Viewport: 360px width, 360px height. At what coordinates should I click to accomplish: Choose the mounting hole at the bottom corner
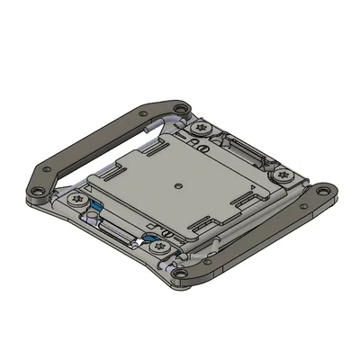pyautogui.click(x=180, y=274)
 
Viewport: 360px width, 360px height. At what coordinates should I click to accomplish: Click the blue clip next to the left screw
pyautogui.click(x=93, y=208)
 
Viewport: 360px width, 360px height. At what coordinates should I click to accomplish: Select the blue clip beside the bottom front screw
pyautogui.click(x=147, y=239)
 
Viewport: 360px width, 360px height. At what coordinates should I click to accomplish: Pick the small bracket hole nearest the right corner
pyautogui.click(x=308, y=196)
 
